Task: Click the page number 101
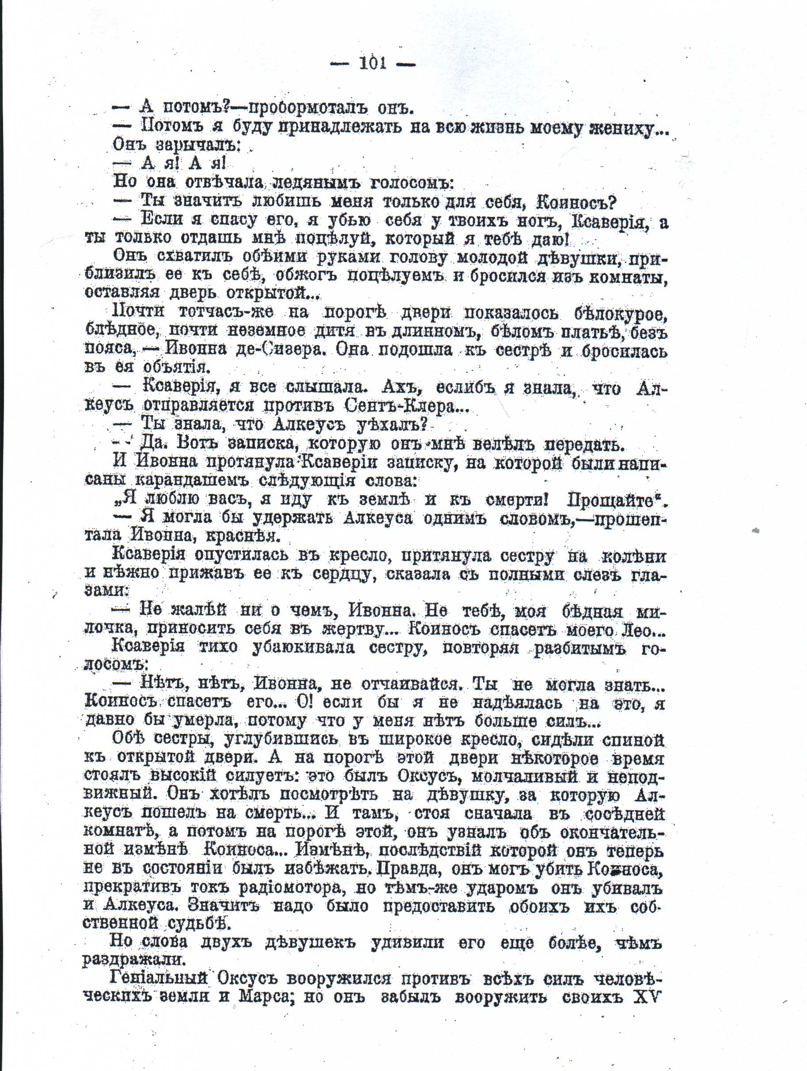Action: tap(372, 64)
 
